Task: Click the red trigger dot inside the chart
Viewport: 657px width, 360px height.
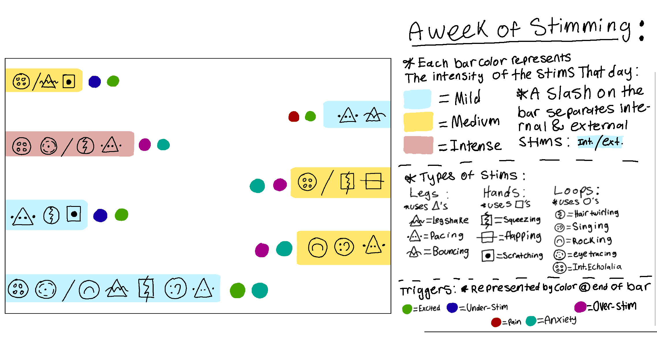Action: [x=294, y=116]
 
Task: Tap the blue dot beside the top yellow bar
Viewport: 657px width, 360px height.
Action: [x=95, y=82]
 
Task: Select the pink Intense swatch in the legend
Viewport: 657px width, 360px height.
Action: [x=418, y=145]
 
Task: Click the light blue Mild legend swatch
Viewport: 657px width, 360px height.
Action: [x=417, y=99]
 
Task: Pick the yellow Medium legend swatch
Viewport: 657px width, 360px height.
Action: [x=418, y=122]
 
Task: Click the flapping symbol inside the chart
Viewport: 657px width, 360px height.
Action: [x=373, y=181]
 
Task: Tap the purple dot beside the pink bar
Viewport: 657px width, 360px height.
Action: [x=145, y=144]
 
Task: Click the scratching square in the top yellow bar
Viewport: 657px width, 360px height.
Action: [x=69, y=81]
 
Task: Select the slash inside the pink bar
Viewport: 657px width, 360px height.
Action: [x=67, y=147]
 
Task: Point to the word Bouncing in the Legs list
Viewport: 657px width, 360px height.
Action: [x=451, y=252]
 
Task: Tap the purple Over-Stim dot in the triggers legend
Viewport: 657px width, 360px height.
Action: [x=580, y=307]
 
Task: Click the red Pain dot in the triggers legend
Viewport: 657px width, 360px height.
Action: [x=496, y=322]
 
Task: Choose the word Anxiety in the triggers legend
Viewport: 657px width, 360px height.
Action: [x=560, y=320]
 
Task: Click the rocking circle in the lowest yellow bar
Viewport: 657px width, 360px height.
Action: [x=318, y=248]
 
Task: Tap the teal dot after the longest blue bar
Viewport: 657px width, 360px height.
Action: [x=260, y=290]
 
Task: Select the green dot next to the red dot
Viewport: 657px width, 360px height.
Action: [x=310, y=116]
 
